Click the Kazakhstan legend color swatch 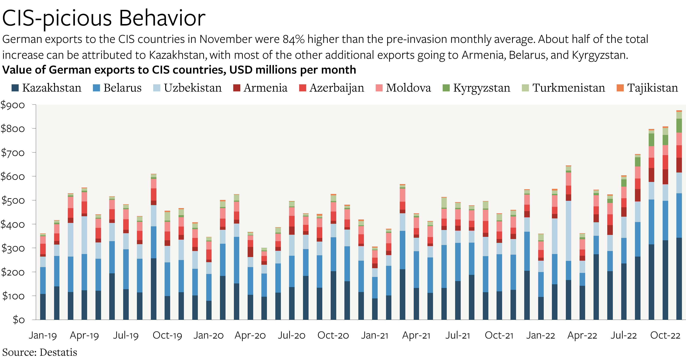(15, 88)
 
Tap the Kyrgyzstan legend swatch (446, 88)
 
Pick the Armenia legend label (265, 88)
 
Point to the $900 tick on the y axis (13, 105)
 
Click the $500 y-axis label (13, 200)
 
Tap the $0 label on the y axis (19, 319)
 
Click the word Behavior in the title (162, 18)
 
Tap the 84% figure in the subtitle (294, 39)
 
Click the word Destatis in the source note (58, 352)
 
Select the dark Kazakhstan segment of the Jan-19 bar (43, 306)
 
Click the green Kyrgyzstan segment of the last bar (679, 126)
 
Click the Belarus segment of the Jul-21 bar (458, 262)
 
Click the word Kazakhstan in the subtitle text (177, 55)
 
